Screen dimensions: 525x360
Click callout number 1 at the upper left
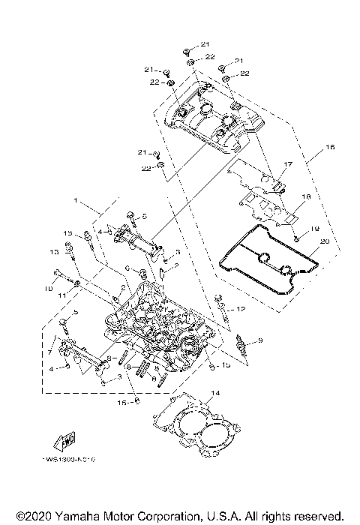click(76, 202)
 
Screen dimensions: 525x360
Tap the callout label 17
click(286, 164)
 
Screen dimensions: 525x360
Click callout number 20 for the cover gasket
click(323, 241)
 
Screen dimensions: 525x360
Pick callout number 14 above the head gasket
click(215, 393)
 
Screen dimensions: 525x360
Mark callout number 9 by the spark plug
click(260, 341)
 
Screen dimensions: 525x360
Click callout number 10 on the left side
click(49, 288)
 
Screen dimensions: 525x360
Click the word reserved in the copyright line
click(320, 516)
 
